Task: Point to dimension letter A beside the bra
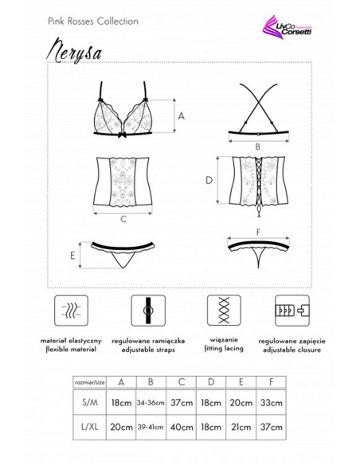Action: [x=181, y=116]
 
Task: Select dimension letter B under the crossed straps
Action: [x=258, y=147]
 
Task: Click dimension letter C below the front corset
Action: [x=124, y=218]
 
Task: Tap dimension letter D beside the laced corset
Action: [x=208, y=181]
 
